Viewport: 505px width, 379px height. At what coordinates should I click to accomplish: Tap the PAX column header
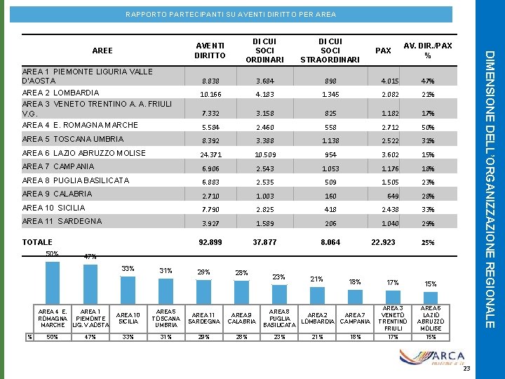click(384, 51)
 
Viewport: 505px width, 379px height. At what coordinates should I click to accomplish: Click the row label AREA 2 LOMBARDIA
click(61, 93)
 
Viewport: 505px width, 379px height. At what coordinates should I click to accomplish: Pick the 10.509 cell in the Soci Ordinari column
click(264, 154)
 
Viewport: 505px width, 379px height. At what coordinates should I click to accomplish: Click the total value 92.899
click(211, 243)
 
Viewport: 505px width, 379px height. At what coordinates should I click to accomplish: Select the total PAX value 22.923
click(382, 243)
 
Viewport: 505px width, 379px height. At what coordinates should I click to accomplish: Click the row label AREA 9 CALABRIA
click(57, 194)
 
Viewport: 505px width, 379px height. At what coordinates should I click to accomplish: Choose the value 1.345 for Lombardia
click(330, 94)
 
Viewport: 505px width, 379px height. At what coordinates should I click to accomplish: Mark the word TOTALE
click(37, 242)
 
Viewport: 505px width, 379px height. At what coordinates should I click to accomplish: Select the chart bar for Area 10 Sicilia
click(128, 291)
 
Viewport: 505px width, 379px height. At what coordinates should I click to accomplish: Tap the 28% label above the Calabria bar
click(241, 273)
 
